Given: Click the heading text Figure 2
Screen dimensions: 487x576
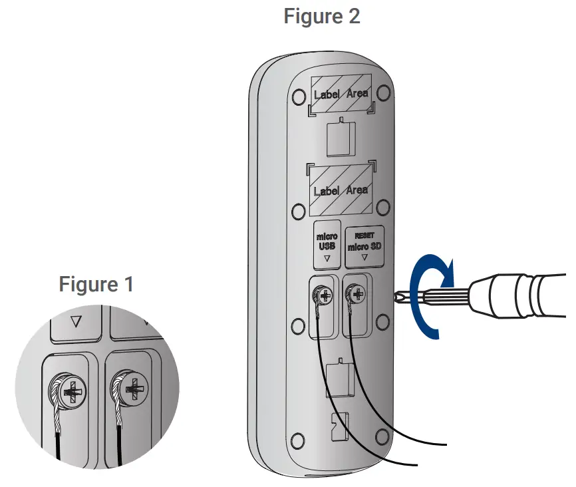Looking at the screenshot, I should tap(322, 15).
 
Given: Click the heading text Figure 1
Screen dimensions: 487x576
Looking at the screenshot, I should tap(96, 284).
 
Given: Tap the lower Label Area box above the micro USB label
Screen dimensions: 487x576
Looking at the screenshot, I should tap(341, 189).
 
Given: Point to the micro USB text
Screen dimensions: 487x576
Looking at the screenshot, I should tap(327, 241).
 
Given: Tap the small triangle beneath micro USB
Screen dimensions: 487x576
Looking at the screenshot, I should tap(327, 257).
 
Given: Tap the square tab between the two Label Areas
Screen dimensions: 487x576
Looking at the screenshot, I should tap(340, 137).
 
